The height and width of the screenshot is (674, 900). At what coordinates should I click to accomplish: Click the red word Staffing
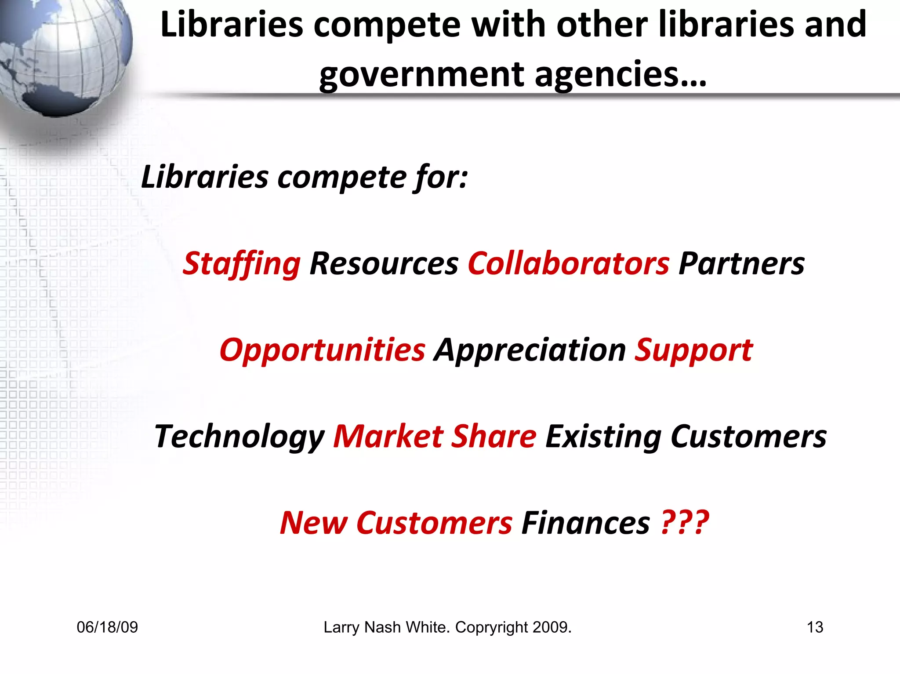[x=241, y=264]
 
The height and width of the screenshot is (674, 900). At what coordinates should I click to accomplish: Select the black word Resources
[x=384, y=264]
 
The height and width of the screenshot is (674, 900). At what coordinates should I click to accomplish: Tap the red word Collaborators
[x=569, y=264]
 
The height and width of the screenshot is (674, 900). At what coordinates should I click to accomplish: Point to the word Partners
[x=741, y=264]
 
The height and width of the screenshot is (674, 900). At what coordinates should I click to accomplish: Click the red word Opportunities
[x=322, y=350]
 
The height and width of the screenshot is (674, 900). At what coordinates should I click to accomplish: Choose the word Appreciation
[x=530, y=350]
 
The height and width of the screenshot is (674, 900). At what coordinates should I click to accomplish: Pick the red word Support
[x=693, y=350]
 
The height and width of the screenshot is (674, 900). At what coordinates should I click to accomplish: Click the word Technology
[x=240, y=437]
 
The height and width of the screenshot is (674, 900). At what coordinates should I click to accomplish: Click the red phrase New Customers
[x=396, y=523]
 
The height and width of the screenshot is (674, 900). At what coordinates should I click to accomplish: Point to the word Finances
[x=585, y=523]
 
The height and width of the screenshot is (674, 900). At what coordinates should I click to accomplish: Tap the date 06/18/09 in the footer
[x=107, y=627]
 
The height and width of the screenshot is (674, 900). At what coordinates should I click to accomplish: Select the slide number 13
[x=815, y=627]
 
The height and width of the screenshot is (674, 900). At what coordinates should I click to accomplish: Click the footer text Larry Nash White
[x=386, y=627]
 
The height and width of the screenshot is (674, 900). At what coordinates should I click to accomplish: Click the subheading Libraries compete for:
[x=305, y=177]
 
